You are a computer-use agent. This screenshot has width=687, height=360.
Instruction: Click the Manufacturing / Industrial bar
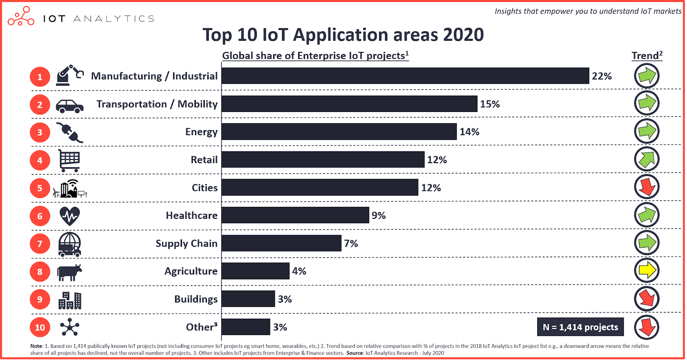pos(405,76)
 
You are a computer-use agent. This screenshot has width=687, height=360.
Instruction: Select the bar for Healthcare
pos(295,215)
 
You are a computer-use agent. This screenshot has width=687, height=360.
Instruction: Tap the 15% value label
pos(490,104)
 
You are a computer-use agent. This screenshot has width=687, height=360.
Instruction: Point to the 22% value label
pos(602,76)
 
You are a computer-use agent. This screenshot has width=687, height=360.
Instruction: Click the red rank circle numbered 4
pos(40,160)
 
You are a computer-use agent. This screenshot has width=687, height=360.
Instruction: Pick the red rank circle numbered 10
pos(40,327)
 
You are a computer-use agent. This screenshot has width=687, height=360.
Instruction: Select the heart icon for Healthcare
pos(69,216)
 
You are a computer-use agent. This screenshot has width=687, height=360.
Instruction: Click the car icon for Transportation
pos(69,106)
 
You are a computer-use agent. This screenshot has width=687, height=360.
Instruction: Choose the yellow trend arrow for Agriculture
pos(647,270)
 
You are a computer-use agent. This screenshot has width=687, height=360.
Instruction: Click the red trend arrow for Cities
pos(647,187)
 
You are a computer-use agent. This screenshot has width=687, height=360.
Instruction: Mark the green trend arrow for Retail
pos(647,159)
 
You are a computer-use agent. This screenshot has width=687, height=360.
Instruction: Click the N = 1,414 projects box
pos(580,327)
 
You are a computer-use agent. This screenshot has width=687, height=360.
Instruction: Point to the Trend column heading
pos(647,56)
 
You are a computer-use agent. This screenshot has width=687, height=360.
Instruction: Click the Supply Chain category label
pos(186,244)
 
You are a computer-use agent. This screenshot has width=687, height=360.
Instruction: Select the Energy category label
pos(201,132)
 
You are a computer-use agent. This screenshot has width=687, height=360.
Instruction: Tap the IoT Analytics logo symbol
pos(21,16)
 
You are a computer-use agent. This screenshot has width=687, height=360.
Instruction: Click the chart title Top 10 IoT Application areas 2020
pos(343,35)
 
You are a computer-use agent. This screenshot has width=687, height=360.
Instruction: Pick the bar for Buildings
pos(248,299)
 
